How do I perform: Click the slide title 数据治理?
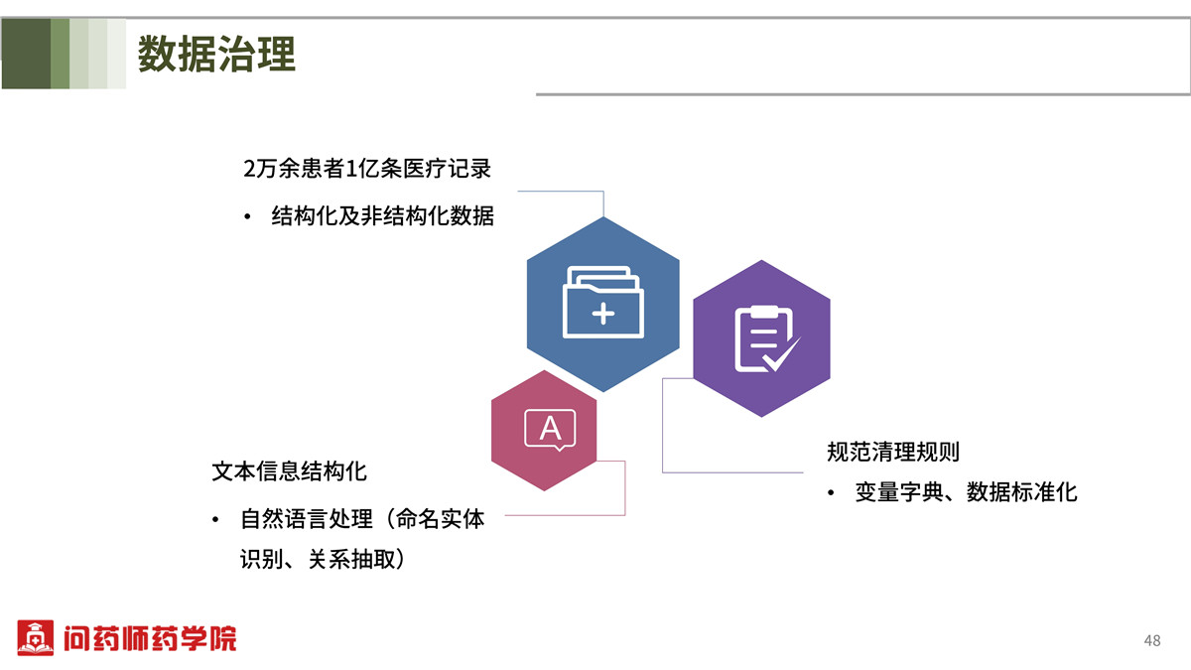tap(216, 54)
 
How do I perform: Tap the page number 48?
tap(1152, 640)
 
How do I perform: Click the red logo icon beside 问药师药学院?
tap(35, 637)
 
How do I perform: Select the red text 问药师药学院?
tap(150, 638)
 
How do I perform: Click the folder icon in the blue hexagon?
tap(603, 302)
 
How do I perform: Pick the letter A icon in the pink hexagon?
tap(550, 429)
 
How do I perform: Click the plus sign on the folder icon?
tap(603, 314)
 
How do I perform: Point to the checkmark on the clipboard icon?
tap(781, 354)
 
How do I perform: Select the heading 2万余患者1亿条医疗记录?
tap(367, 169)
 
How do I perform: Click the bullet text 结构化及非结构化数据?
tap(382, 216)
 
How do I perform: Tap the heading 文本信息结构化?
tap(289, 471)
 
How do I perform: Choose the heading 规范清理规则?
tap(892, 452)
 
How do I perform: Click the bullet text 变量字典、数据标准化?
tap(966, 492)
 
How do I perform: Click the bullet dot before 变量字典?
tap(831, 493)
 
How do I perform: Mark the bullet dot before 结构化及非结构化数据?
tap(247, 217)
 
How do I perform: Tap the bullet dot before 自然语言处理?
tap(215, 519)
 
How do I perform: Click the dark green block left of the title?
tap(26, 54)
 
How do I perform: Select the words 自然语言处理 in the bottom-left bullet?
tap(307, 519)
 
